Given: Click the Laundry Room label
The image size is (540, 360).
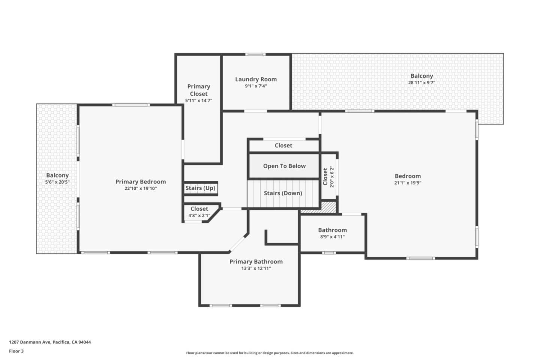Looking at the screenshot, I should (x=256, y=79).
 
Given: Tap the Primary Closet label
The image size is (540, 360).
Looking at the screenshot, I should (x=198, y=90).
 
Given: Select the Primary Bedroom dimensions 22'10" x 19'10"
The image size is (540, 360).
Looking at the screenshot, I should (x=141, y=189).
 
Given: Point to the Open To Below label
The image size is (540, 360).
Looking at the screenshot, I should (x=284, y=166).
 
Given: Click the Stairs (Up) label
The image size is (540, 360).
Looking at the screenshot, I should (x=200, y=188).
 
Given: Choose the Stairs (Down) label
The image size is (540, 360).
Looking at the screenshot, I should (x=283, y=193).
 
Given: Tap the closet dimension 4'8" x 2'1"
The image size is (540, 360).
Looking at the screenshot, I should (x=199, y=216).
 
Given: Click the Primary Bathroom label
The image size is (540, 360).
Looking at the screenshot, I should (x=256, y=262).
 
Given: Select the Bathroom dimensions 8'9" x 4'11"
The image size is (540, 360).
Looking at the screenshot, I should (x=332, y=237).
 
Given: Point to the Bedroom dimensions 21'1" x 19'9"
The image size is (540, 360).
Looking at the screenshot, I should (x=408, y=183).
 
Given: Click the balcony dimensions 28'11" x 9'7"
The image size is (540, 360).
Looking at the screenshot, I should (x=421, y=83).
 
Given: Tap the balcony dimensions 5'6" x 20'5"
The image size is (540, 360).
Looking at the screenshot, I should (x=57, y=182).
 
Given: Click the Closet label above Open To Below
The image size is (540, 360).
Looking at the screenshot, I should (x=283, y=145).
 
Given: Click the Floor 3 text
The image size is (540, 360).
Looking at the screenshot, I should (x=16, y=351).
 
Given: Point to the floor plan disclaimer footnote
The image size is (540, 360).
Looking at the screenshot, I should (x=270, y=353).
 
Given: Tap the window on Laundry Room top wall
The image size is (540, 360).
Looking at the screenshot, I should (x=255, y=55).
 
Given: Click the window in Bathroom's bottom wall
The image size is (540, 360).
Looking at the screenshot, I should (x=329, y=253).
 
